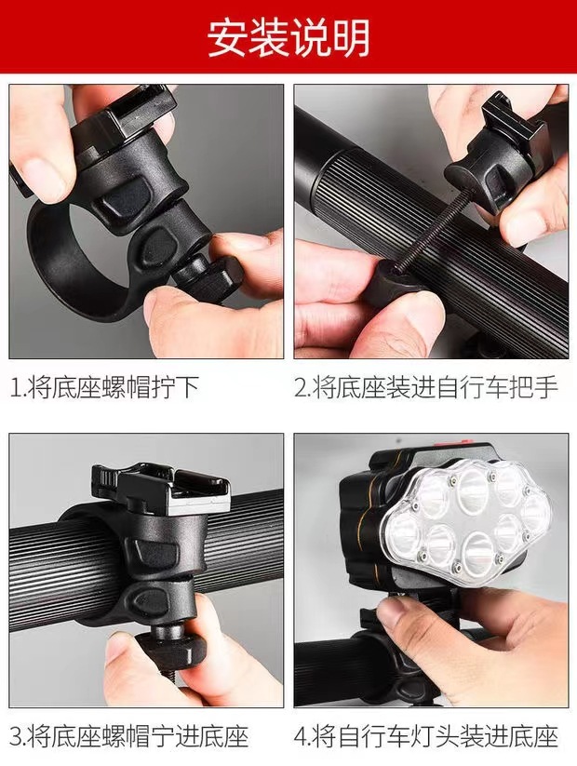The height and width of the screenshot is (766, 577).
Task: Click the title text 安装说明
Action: (x=288, y=37)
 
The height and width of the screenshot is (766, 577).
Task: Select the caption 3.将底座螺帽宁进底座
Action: (x=130, y=738)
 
